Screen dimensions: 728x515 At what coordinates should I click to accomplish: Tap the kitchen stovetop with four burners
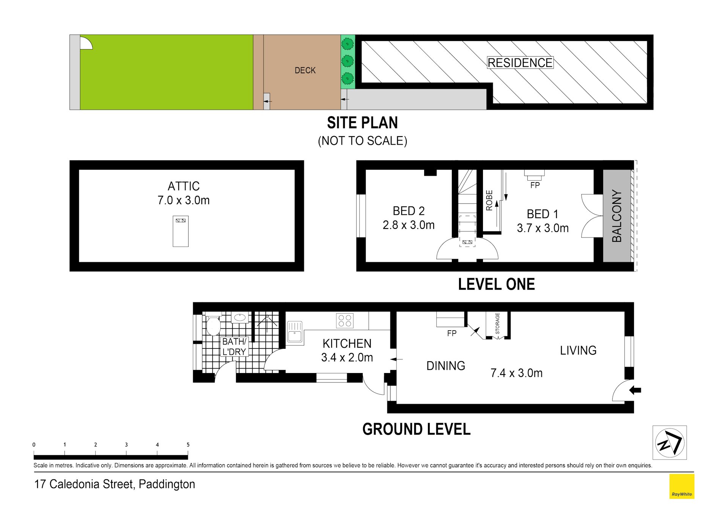pyautogui.click(x=345, y=320)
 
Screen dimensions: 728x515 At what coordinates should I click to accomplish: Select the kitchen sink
pyautogui.click(x=295, y=332)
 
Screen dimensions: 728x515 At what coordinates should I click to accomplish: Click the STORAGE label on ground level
pyautogui.click(x=497, y=323)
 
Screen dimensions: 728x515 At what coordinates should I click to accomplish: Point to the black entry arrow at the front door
pyautogui.click(x=635, y=390)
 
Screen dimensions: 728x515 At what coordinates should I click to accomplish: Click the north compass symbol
pyautogui.click(x=670, y=443)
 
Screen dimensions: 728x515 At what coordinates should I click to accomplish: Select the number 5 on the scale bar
pyautogui.click(x=188, y=445)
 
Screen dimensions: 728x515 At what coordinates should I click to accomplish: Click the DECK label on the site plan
pyautogui.click(x=305, y=70)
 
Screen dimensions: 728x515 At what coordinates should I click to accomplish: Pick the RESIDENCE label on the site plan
pyautogui.click(x=520, y=63)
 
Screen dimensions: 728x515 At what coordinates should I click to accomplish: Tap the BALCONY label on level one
pyautogui.click(x=617, y=216)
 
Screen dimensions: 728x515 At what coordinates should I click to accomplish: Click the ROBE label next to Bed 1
pyautogui.click(x=489, y=200)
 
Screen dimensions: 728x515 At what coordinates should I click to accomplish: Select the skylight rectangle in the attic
pyautogui.click(x=181, y=232)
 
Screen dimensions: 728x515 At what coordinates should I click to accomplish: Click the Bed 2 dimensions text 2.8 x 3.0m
pyautogui.click(x=409, y=225)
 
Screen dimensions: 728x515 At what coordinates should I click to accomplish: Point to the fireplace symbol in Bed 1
pyautogui.click(x=535, y=175)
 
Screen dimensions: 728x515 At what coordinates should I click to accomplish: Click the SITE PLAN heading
pyautogui.click(x=362, y=123)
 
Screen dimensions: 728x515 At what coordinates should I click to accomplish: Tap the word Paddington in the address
pyautogui.click(x=167, y=485)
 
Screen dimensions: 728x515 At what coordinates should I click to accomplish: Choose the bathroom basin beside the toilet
pyautogui.click(x=240, y=317)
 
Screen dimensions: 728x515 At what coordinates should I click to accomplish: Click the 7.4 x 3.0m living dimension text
pyautogui.click(x=516, y=373)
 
